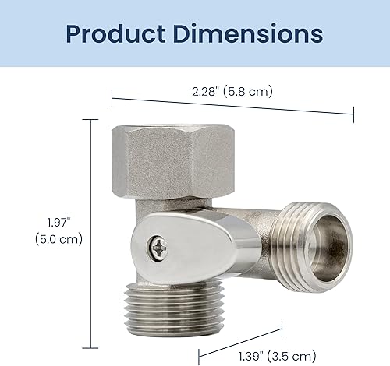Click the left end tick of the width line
coord(112,97)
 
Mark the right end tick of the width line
coord(354,114)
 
